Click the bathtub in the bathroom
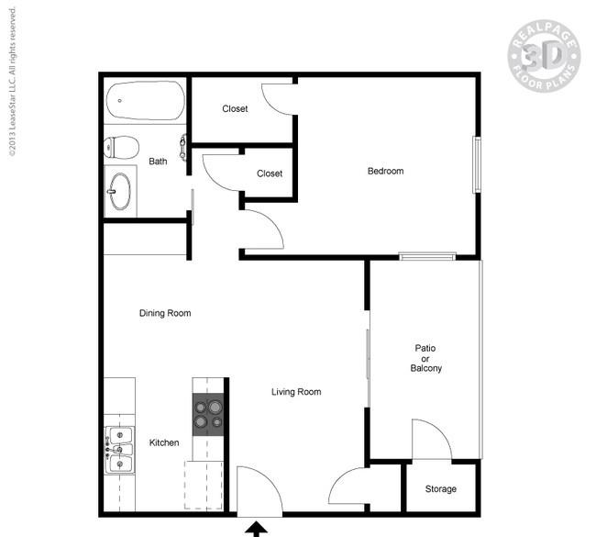[x=145, y=100]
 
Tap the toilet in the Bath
[x=122, y=147]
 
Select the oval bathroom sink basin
[x=121, y=191]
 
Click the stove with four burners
[x=208, y=414]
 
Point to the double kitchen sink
[x=120, y=450]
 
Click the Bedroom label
[x=385, y=171]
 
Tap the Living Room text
[x=296, y=392]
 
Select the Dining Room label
[x=165, y=313]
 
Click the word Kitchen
[x=164, y=442]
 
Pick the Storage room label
[x=440, y=488]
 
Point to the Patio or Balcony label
[x=425, y=358]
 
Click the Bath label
[x=158, y=162]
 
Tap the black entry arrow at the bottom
[x=257, y=529]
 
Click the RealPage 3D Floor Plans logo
[x=544, y=56]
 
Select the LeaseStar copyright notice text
[x=13, y=82]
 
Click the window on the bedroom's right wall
[x=477, y=165]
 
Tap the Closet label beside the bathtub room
[x=235, y=109]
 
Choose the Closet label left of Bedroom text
[x=270, y=173]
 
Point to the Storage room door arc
[x=441, y=430]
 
